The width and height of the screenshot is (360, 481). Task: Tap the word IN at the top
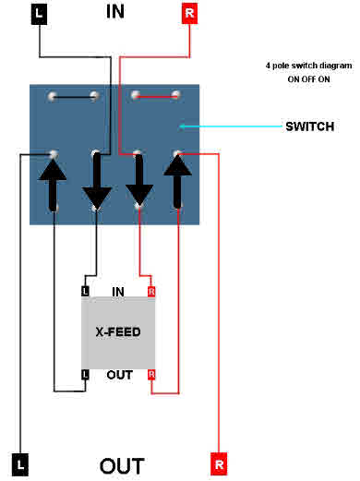tap(116, 11)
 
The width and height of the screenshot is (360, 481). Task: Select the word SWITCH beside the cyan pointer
tap(309, 125)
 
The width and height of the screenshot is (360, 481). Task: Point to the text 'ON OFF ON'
tap(302, 79)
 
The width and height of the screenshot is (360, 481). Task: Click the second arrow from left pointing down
tap(96, 181)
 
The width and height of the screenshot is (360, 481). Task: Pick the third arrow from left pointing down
tap(138, 181)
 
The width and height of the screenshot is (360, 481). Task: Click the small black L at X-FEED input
tap(85, 291)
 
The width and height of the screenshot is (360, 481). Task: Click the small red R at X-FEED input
tap(150, 291)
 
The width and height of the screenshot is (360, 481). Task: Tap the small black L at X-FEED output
tap(85, 374)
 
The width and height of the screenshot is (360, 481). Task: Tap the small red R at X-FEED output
tap(150, 374)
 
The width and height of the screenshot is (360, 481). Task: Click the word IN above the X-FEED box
tap(118, 291)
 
